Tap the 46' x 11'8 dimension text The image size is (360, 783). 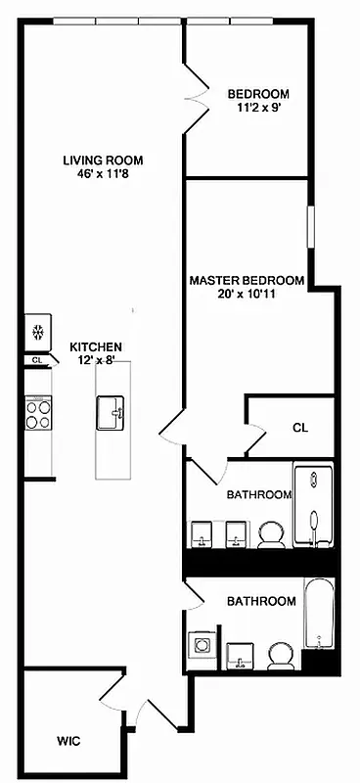[x=103, y=175]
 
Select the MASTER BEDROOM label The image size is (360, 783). [x=247, y=280]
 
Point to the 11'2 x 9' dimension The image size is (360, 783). [x=258, y=109]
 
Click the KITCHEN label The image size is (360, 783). [x=95, y=346]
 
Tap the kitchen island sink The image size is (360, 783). [x=112, y=413]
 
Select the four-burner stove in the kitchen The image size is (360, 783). [x=37, y=415]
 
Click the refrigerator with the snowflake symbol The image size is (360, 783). [x=38, y=333]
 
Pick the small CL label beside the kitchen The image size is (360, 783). [x=36, y=360]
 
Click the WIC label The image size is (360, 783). [x=67, y=741]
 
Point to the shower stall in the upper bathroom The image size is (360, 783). [x=314, y=507]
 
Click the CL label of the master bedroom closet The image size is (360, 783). [x=300, y=428]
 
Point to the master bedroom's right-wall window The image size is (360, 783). [x=311, y=227]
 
